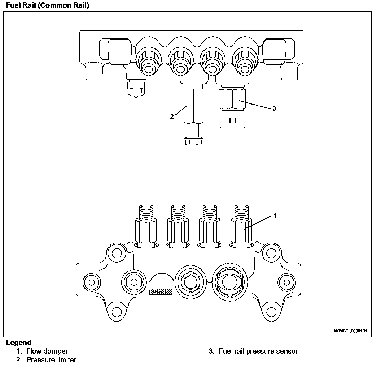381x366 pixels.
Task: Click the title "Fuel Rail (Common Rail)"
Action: [x=47, y=5]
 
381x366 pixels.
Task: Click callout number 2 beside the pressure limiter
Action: [x=172, y=116]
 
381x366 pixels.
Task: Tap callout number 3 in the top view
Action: [x=274, y=108]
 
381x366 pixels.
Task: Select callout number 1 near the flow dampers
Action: [x=275, y=216]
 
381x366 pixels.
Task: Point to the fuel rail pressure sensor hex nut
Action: [x=232, y=98]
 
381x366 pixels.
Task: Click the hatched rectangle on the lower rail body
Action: [x=160, y=292]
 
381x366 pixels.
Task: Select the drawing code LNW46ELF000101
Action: [x=349, y=331]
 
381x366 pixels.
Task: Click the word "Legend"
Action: [x=18, y=342]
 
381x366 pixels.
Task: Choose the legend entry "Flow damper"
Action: [x=47, y=351]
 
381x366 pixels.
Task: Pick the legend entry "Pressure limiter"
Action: [x=51, y=360]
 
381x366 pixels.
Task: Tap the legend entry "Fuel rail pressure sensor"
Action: [x=258, y=351]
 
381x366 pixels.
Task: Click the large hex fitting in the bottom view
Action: [x=229, y=281]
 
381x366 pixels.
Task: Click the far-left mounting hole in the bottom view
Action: [x=91, y=281]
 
